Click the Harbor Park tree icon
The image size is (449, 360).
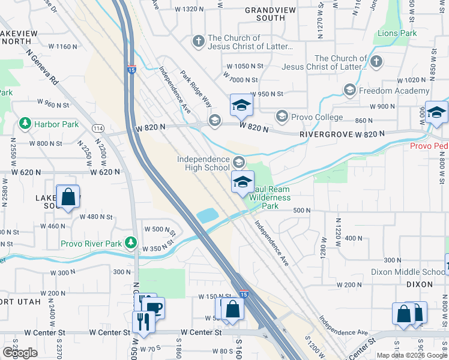pyautogui.click(x=25, y=124)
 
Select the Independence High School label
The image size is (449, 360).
pyautogui.click(x=203, y=163)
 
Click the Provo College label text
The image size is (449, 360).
pyautogui.click(x=317, y=117)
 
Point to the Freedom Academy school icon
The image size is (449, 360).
pyautogui.click(x=349, y=91)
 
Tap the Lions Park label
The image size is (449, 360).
pyautogui.click(x=397, y=34)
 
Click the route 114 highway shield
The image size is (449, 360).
pyautogui.click(x=98, y=128)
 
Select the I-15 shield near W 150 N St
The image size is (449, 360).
pyautogui.click(x=243, y=294)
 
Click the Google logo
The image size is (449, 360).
pyautogui.click(x=20, y=353)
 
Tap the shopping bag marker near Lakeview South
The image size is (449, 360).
pyautogui.click(x=68, y=196)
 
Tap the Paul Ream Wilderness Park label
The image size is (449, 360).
pyautogui.click(x=268, y=197)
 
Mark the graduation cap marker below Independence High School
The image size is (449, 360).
pyautogui.click(x=243, y=182)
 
